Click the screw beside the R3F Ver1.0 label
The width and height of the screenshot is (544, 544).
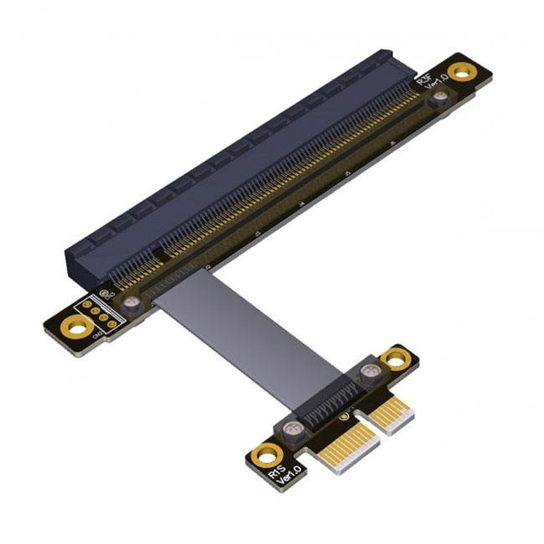coord(438,100)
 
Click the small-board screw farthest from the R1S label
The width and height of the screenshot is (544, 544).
coord(367,372)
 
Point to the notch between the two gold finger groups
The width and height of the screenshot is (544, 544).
coord(366,432)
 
